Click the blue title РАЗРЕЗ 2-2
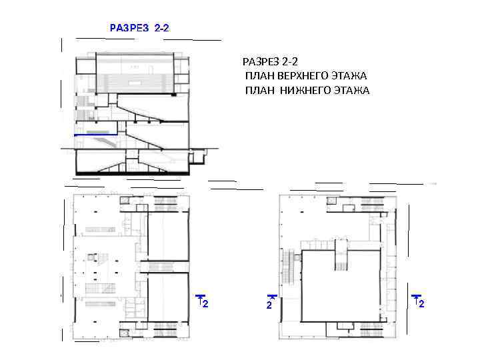[x=139, y=28]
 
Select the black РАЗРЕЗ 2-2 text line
[x=270, y=61]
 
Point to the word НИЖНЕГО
[x=305, y=90]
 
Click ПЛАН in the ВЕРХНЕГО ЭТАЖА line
[x=260, y=75]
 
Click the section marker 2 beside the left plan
[x=203, y=301]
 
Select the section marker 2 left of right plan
[x=271, y=302]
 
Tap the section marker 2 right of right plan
[x=418, y=301]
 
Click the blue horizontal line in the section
[x=96, y=135]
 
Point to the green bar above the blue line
[x=97, y=132]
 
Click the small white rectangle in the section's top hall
[x=135, y=83]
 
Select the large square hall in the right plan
[x=341, y=286]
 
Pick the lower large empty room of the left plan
[x=168, y=297]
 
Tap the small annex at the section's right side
[x=197, y=156]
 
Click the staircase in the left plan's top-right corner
[x=165, y=201]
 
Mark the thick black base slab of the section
[x=132, y=173]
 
